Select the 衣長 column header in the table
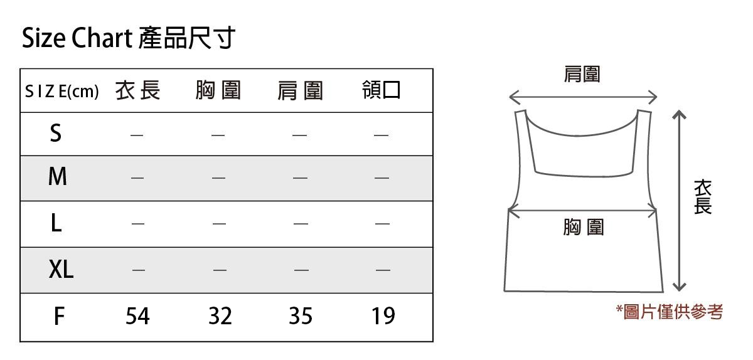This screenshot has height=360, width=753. tap(138, 91)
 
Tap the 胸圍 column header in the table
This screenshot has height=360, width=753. tap(218, 91)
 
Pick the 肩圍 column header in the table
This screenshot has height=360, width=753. tap(300, 92)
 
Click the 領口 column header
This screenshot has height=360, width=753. tap(381, 91)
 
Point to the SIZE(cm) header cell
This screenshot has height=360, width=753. tap(61, 92)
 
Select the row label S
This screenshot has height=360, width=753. tap(56, 133)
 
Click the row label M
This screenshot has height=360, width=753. tap(57, 177)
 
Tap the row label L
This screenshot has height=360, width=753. tap(56, 223)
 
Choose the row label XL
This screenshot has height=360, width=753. tap(61, 270)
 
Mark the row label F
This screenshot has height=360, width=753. tap(58, 316)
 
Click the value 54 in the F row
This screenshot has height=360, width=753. tap(137, 316)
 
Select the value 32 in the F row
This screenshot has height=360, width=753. tap(220, 316)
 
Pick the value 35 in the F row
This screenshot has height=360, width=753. tap(301, 316)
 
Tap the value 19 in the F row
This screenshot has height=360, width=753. tap(383, 316)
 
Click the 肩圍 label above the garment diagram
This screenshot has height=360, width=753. tap(582, 75)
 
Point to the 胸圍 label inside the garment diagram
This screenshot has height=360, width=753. tap(583, 227)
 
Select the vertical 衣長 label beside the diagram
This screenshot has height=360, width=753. tap(703, 197)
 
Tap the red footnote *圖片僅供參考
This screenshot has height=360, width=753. tap(670, 311)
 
